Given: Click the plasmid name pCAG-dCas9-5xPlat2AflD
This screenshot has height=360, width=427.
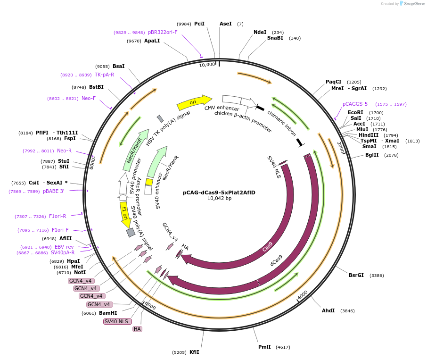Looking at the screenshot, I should (x=219, y=192).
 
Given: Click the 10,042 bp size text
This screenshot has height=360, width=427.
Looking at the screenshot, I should (x=219, y=198).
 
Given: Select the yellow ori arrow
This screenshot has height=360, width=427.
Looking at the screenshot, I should (x=194, y=102).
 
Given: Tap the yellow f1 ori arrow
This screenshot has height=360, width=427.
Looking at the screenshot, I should (x=125, y=215).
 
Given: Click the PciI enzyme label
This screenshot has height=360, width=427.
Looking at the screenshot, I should (x=199, y=24).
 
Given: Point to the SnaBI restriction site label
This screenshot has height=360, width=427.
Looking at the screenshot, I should (x=275, y=38).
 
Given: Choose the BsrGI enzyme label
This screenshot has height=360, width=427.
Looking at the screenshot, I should (x=356, y=275).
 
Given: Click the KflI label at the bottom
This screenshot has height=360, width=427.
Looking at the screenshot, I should (x=194, y=352).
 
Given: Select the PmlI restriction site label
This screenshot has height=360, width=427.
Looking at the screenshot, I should (x=264, y=347).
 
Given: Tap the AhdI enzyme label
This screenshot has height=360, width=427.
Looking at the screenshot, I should (x=328, y=310).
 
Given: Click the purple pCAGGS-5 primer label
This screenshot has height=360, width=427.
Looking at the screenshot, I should (x=355, y=104).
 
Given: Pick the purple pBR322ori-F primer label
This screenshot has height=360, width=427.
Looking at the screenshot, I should (x=163, y=32).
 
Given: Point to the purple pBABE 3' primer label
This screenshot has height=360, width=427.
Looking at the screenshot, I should (x=53, y=191).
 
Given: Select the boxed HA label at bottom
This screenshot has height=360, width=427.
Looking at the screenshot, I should (x=137, y=329).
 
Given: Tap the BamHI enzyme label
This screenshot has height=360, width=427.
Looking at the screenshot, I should (x=108, y=313).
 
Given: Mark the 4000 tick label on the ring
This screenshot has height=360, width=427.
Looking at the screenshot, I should (x=303, y=294).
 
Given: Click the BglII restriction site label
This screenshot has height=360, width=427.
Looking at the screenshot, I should (x=372, y=155).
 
